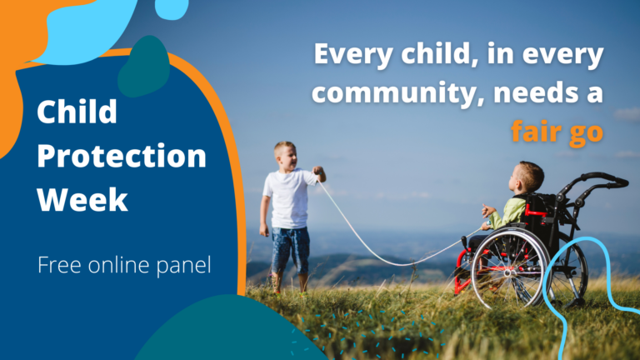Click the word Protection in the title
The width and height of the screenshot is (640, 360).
[x=122, y=156]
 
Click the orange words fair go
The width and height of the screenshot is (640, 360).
[x=557, y=132]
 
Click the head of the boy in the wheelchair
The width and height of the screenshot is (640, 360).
[x=527, y=177]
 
